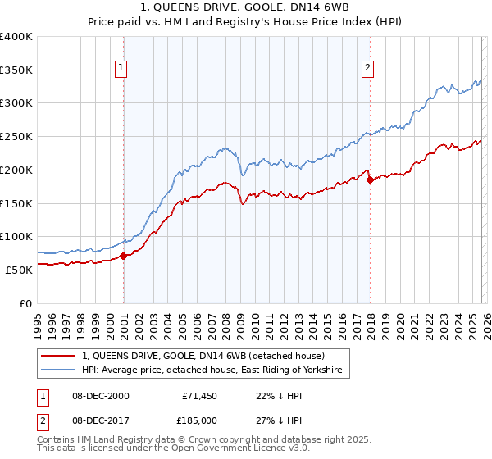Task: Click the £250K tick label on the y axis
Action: (16, 137)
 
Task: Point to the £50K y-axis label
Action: (19, 270)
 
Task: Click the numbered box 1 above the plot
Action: (121, 68)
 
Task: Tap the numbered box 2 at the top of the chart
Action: (367, 68)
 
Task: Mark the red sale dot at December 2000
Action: (123, 256)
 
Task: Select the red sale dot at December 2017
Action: (370, 180)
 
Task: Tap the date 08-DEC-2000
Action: (95, 396)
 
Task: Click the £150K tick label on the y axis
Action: (16, 203)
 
